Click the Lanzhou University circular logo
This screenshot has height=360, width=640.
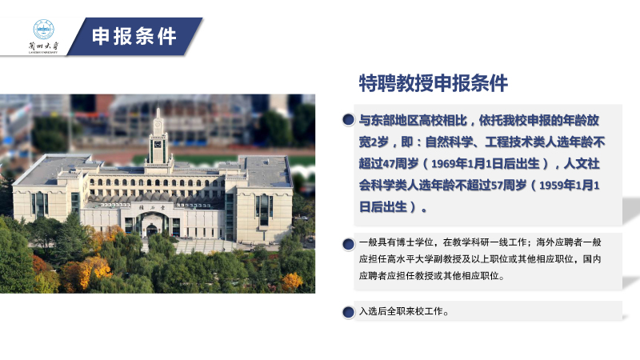(x=44, y=30)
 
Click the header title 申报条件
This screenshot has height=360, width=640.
(x=134, y=36)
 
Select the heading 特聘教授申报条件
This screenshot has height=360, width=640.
(x=434, y=83)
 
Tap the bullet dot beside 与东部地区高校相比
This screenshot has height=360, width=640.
(x=348, y=119)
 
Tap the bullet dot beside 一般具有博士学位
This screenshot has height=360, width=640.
(x=348, y=244)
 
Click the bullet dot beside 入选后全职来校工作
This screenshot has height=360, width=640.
(x=348, y=312)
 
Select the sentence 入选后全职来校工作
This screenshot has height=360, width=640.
(x=404, y=311)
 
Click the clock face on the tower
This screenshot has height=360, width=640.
(x=158, y=145)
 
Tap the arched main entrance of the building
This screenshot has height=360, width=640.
(x=152, y=226)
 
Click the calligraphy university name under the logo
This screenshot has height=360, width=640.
(x=43, y=46)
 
